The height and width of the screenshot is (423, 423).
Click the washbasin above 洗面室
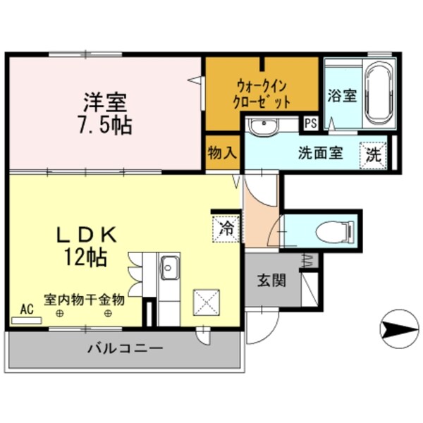coord(264,126)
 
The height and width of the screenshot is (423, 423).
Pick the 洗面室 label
coord(320,152)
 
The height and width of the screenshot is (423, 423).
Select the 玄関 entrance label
coord(270,281)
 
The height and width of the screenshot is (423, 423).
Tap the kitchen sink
coord(169,266)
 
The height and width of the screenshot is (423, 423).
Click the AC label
coord(27,308)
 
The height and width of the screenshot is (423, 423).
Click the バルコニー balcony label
coord(125,348)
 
